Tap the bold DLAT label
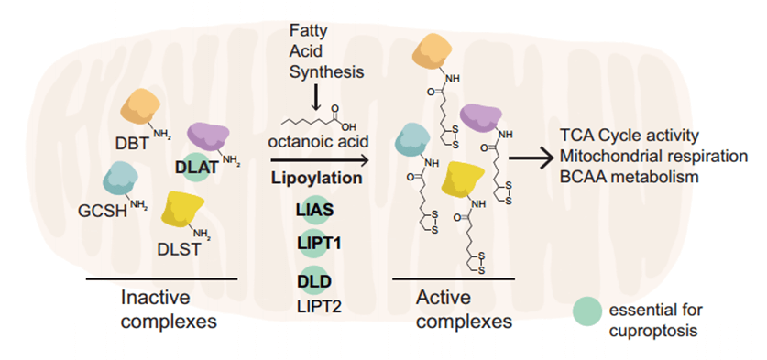pos(198,167)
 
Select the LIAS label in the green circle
pos(314,210)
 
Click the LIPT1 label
pos(314,244)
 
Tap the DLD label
pos(314,278)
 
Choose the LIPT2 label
pos(315,306)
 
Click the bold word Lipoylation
pos(314,177)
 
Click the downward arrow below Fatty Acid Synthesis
pos(314,94)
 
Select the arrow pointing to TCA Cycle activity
pos(531,158)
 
